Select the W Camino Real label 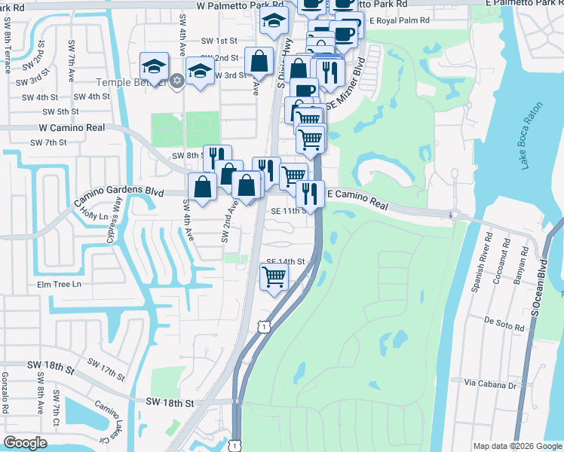(x=72, y=128)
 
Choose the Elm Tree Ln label (x=58, y=284)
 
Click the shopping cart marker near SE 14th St (x=274, y=277)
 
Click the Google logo (x=26, y=443)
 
